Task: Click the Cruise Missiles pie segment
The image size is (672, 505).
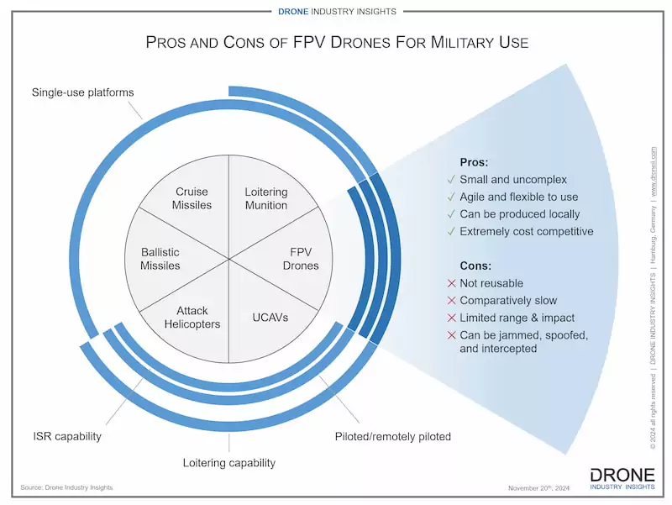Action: (192, 198)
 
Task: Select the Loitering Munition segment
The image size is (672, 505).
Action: (265, 198)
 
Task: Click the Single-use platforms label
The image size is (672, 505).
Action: (82, 92)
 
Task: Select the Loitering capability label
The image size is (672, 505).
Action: (229, 463)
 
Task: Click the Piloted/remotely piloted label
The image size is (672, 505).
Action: (393, 436)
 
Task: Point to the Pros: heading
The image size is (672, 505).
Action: (475, 162)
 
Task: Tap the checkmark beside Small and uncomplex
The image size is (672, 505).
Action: (452, 180)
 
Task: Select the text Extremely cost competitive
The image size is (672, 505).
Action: (526, 231)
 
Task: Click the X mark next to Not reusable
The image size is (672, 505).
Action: (452, 283)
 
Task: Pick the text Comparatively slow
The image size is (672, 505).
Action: (507, 300)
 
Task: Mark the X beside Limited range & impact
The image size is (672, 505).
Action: (452, 318)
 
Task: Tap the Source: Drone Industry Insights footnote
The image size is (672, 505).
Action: (67, 487)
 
